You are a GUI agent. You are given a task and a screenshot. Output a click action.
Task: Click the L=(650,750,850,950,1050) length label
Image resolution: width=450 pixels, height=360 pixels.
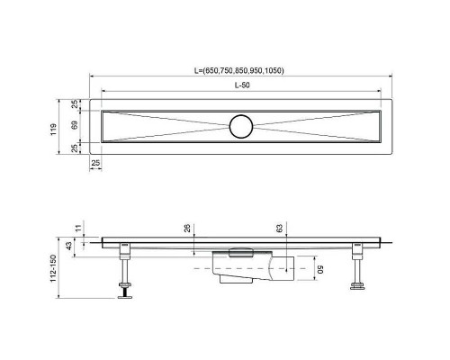point(243,70)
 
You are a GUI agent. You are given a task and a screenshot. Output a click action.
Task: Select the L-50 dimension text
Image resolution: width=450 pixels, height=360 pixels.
point(243,84)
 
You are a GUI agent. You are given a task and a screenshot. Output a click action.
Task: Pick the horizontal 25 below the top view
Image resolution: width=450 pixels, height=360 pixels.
point(94,162)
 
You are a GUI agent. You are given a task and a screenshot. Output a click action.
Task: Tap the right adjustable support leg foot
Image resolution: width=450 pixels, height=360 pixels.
point(357,287)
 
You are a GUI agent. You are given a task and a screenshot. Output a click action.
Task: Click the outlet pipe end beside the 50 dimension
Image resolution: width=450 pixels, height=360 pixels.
point(286,269)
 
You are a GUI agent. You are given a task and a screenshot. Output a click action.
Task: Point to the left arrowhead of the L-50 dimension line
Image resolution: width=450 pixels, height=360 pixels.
point(102,90)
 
